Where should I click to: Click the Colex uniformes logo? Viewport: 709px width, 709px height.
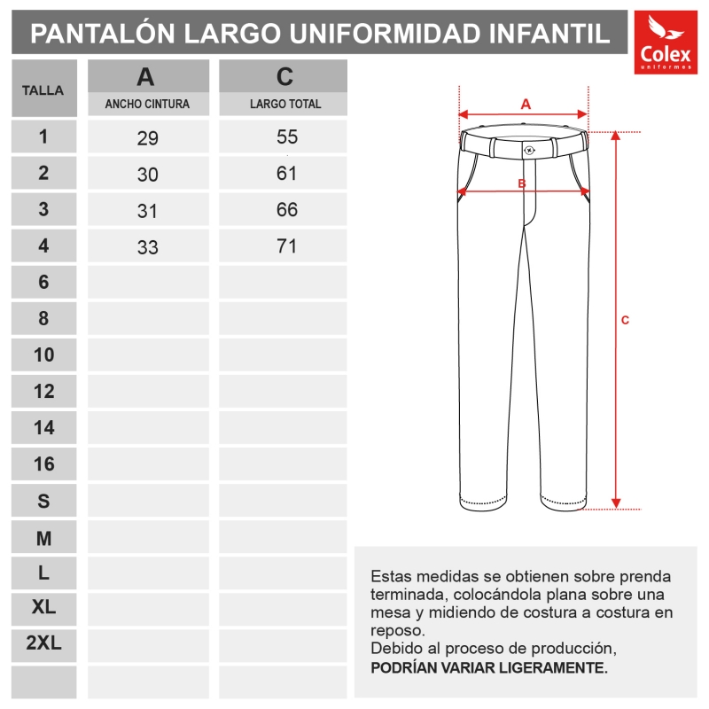pyautogui.click(x=666, y=43)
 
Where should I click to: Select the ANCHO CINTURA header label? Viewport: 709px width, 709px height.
pyautogui.click(x=147, y=104)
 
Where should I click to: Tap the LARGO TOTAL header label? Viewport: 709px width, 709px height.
pyautogui.click(x=285, y=104)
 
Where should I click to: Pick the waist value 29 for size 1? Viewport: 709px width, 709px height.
pyautogui.click(x=147, y=138)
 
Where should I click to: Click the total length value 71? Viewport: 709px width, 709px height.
pyautogui.click(x=286, y=246)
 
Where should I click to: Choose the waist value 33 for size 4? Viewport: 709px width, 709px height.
pyautogui.click(x=147, y=247)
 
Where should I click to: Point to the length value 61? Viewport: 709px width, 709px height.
pyautogui.click(x=286, y=174)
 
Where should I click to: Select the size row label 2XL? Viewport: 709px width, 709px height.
pyautogui.click(x=43, y=644)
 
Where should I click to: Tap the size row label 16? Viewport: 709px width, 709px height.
pyautogui.click(x=43, y=464)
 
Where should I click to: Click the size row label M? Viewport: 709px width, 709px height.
pyautogui.click(x=43, y=538)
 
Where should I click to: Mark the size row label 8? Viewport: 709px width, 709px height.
pyautogui.click(x=43, y=318)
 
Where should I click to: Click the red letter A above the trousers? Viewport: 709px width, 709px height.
pyautogui.click(x=526, y=103)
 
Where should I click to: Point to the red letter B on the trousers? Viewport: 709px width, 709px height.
pyautogui.click(x=523, y=183)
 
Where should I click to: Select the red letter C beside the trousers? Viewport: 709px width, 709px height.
pyautogui.click(x=625, y=320)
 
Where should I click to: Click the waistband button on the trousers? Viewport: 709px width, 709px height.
pyautogui.click(x=529, y=150)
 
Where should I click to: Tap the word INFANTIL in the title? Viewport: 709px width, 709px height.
pyautogui.click(x=549, y=34)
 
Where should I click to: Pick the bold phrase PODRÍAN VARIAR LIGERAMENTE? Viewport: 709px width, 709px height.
pyautogui.click(x=489, y=666)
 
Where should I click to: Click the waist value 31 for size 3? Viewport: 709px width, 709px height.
pyautogui.click(x=147, y=211)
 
